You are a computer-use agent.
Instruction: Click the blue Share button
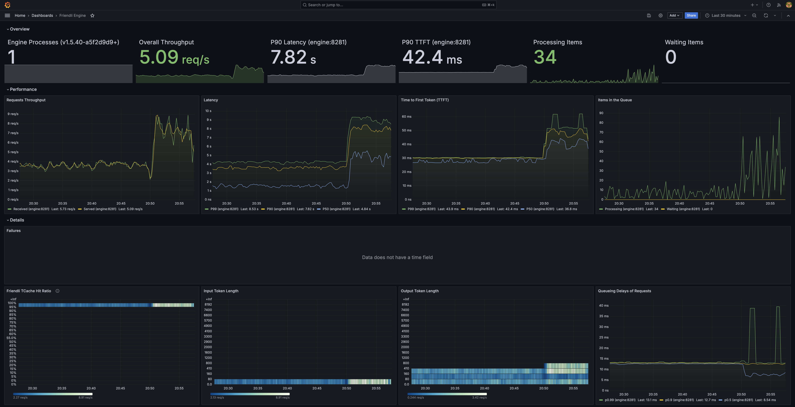pyautogui.click(x=691, y=15)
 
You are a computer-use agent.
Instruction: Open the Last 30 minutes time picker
pyautogui.click(x=726, y=15)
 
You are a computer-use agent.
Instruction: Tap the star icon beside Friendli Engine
pyautogui.click(x=92, y=15)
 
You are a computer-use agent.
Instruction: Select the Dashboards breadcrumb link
pyautogui.click(x=42, y=15)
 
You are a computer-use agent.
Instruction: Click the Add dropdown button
pyautogui.click(x=674, y=15)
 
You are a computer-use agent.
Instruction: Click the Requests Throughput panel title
pyautogui.click(x=26, y=100)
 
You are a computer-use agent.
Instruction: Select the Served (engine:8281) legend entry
pyautogui.click(x=100, y=209)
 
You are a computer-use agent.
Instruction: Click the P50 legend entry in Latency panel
pyautogui.click(x=336, y=209)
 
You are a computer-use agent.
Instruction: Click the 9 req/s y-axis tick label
pyautogui.click(x=13, y=114)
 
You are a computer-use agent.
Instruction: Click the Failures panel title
pyautogui.click(x=14, y=231)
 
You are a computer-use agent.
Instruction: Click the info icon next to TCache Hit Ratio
pyautogui.click(x=57, y=291)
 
